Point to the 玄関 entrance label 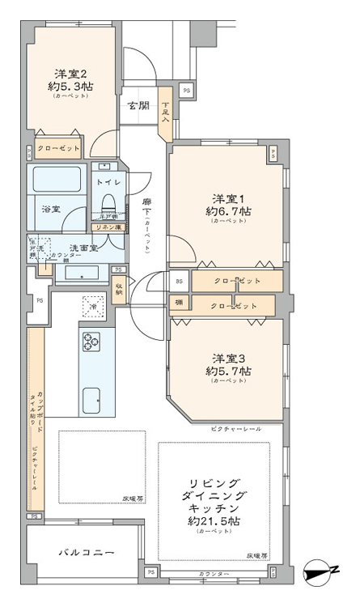137,105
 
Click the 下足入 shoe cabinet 165,109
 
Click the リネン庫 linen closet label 106,228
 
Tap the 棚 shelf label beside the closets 177,303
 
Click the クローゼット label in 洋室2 59,149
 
